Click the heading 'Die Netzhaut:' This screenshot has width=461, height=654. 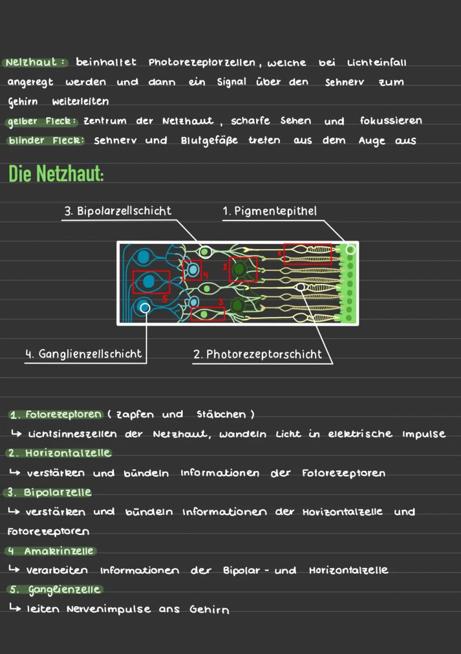[x=56, y=174]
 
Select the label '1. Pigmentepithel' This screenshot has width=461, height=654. [x=269, y=211]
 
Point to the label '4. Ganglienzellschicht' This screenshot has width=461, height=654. [x=84, y=353]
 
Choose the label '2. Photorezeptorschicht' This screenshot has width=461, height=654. [x=257, y=354]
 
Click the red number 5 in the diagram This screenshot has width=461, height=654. [x=164, y=298]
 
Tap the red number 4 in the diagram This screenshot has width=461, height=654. [x=205, y=274]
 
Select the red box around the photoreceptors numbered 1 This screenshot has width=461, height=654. [x=307, y=253]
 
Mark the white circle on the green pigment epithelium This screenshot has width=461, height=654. [x=350, y=250]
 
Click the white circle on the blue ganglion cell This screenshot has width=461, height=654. [x=145, y=307]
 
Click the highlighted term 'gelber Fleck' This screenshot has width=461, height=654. [x=44, y=121]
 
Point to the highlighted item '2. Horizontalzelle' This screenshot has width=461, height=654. [x=60, y=453]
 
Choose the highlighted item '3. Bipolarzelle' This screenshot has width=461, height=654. [x=49, y=493]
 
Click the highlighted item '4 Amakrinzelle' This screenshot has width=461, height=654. [x=51, y=551]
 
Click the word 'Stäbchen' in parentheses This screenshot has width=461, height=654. [x=221, y=415]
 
